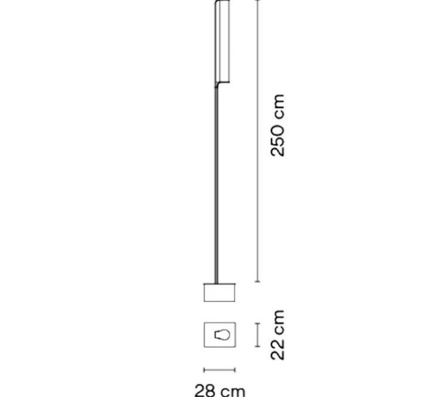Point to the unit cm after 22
point(277,321)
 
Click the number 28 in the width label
point(205,389)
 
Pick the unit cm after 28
point(231,389)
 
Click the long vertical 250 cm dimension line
point(256,141)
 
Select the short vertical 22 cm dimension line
point(256,335)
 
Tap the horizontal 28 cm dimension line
point(219,369)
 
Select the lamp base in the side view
point(219,292)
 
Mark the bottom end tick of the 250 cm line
point(256,282)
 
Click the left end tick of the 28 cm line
point(204,369)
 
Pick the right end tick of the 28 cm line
point(235,369)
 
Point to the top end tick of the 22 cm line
point(256,323)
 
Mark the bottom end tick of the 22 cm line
point(256,347)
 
